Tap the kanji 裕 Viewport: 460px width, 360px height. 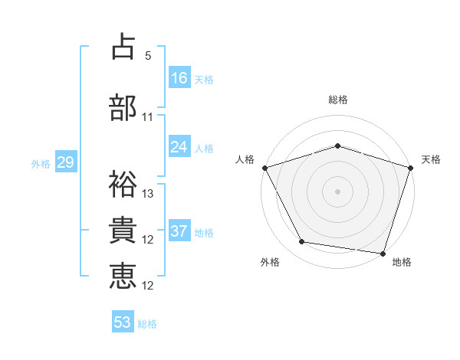click(123, 185)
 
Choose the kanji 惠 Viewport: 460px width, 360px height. click(123, 277)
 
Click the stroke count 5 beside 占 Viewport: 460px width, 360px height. click(148, 56)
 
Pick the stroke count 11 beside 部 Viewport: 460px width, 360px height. click(148, 117)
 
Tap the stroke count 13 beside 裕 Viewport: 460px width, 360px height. click(148, 194)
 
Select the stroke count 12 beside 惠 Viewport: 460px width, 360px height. click(148, 286)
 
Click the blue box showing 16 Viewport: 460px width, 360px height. click(179, 77)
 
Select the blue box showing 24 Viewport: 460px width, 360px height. click(179, 147)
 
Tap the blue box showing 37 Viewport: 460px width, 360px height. click(179, 231)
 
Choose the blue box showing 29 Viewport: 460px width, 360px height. click(65, 162)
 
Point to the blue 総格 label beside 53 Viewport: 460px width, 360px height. click(147, 324)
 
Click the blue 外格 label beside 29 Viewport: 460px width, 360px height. click(40, 163)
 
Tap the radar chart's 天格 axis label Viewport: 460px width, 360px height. click(431, 159)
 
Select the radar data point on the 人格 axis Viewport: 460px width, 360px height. click(264, 167)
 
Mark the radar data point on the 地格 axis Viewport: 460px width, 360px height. click(383, 253)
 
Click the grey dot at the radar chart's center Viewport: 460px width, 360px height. click(337, 191)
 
